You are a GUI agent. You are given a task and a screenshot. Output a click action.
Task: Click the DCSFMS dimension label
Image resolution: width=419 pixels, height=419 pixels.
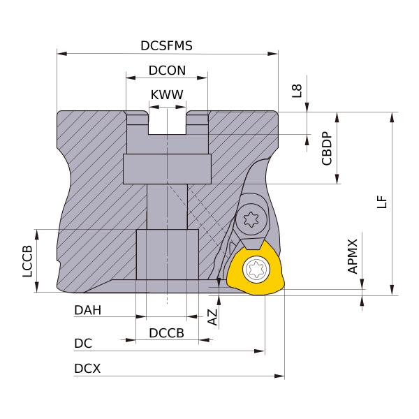coord(166,46)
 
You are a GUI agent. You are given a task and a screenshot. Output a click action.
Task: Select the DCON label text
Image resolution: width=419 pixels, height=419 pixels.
coord(167,71)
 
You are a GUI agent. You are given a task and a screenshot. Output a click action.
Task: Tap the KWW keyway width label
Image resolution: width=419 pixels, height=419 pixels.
coord(167,95)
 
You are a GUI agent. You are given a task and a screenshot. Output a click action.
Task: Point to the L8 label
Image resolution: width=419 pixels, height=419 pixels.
coord(297,90)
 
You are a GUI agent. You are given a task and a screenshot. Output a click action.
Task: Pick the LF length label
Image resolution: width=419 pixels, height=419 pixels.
coord(381,202)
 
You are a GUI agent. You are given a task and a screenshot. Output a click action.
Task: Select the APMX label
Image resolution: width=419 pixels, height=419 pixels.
coord(353,256)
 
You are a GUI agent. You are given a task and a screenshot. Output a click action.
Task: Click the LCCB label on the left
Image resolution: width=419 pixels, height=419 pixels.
coord(28,261)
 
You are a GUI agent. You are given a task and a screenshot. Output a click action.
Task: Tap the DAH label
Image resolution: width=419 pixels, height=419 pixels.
coord(88,310)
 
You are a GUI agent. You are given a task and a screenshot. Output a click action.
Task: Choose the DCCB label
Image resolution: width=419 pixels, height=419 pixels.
coord(167,333)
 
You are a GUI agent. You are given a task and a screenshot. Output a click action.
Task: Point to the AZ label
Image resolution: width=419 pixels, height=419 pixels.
coord(213,318)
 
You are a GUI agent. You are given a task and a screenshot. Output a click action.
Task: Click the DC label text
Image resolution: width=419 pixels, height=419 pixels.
coord(83,344)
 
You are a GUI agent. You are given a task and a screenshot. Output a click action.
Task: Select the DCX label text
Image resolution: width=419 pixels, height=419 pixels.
coord(87,369)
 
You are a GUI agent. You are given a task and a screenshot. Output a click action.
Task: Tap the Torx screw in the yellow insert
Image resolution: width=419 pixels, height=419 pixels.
coord(256,270)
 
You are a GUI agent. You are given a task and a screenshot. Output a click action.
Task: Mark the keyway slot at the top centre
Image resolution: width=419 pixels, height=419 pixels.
coord(168,122)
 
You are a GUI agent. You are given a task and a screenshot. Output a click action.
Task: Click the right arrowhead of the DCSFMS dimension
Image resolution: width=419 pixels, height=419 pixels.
coord(274,53)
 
